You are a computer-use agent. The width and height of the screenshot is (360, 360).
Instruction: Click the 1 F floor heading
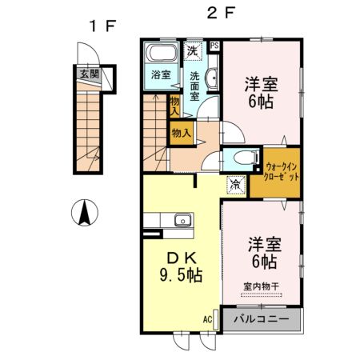click(x=102, y=23)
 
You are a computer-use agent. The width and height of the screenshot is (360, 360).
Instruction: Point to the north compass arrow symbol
click(x=82, y=214)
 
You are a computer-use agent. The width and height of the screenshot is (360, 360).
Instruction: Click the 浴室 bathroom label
click(x=161, y=75)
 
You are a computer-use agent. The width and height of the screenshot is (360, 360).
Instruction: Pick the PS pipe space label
click(x=214, y=46)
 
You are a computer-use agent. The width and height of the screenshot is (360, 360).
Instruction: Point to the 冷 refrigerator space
click(x=235, y=184)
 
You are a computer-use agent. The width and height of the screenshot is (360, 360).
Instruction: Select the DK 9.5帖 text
click(x=180, y=266)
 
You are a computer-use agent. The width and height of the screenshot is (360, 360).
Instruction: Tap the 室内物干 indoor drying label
click(x=260, y=286)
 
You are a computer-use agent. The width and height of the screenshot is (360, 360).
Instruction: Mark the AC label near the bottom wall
click(x=207, y=319)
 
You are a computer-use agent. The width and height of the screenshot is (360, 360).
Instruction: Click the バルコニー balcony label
click(x=262, y=319)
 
